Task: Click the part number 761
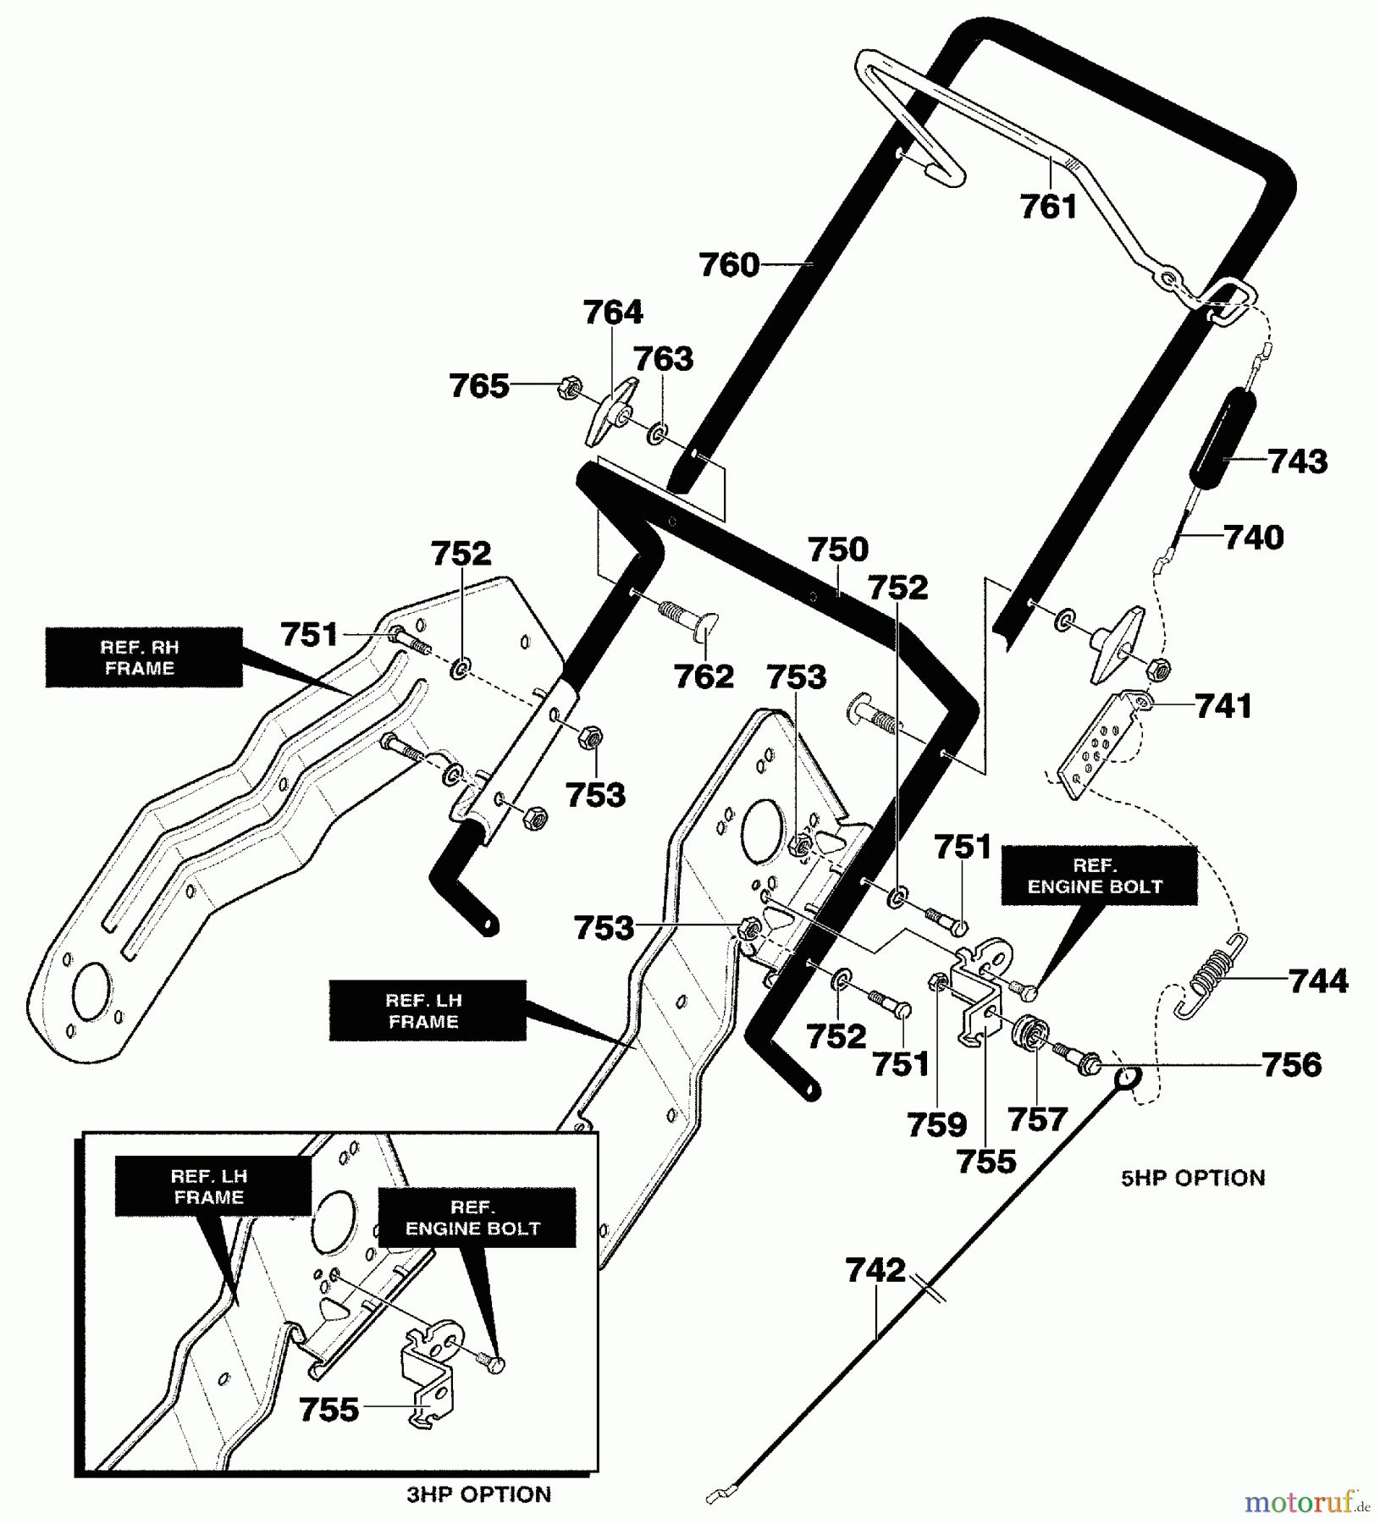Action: (1048, 206)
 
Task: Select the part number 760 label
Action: (729, 265)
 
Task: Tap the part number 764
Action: (613, 312)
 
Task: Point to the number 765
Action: (479, 386)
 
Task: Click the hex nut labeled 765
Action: (570, 389)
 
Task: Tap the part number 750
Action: (837, 549)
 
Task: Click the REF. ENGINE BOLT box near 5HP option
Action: (1099, 875)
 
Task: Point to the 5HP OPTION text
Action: (1193, 1178)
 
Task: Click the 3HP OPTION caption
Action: (478, 1494)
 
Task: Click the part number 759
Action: (936, 1125)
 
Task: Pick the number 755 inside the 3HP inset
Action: (328, 1410)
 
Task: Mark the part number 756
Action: (1291, 1064)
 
